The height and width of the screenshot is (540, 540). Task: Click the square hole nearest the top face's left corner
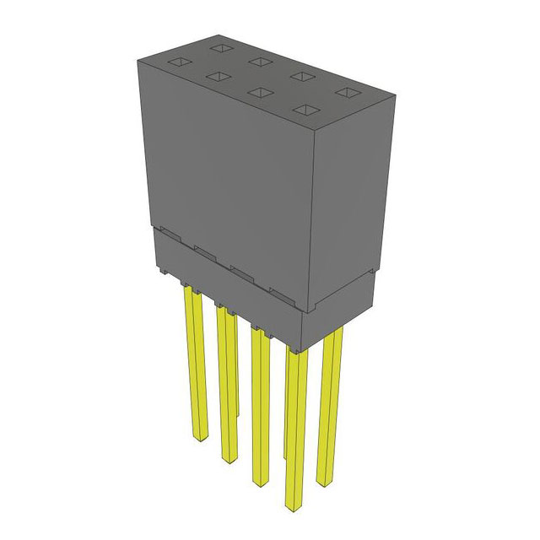[x=178, y=62]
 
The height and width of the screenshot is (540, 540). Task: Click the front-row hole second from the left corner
[x=218, y=77]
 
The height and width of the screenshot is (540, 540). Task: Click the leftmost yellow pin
[x=191, y=363]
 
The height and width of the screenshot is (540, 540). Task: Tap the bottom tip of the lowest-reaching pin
[x=294, y=507]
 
